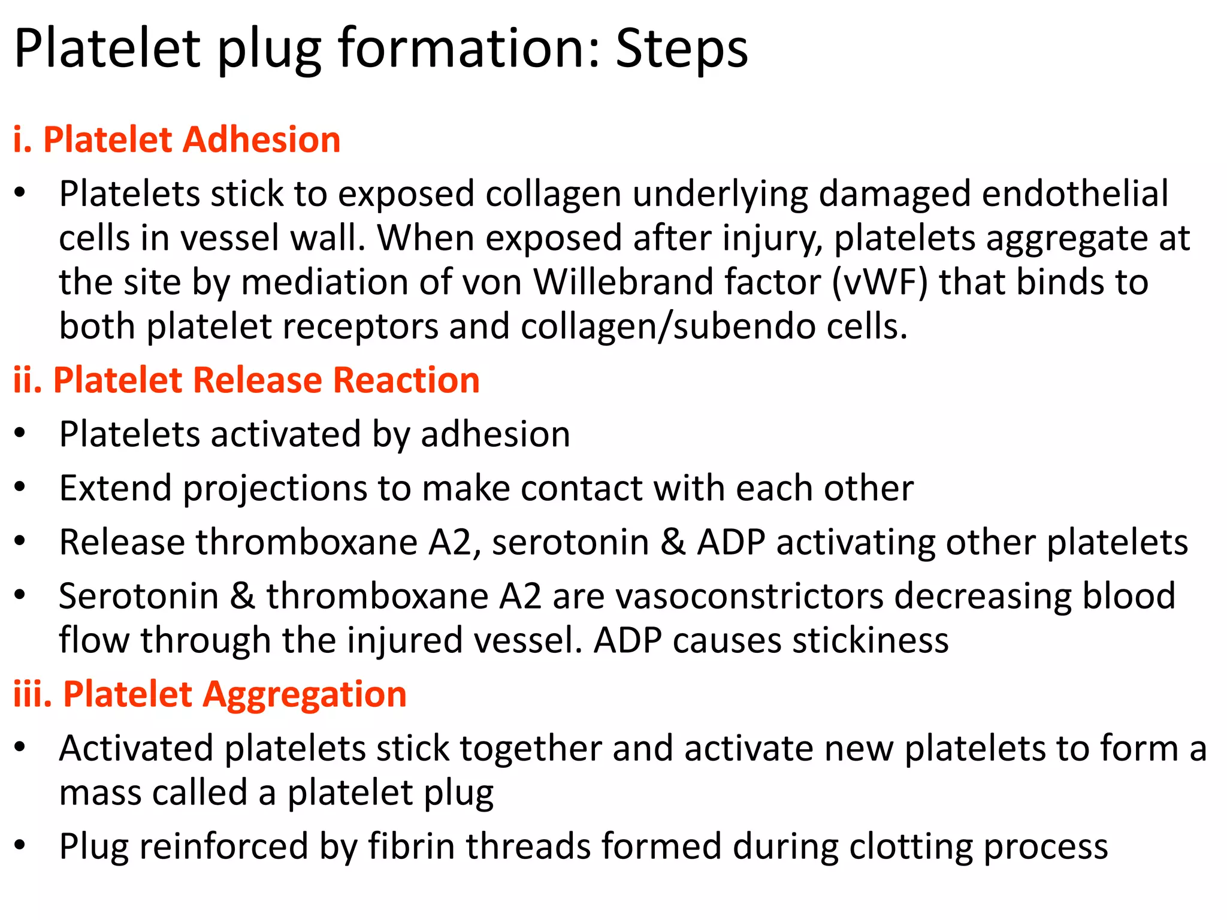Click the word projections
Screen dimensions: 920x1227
tap(274, 488)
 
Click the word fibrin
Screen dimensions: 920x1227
tap(412, 846)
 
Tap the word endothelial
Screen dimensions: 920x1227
tap(1075, 193)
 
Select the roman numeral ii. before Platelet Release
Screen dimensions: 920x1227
tap(28, 380)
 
